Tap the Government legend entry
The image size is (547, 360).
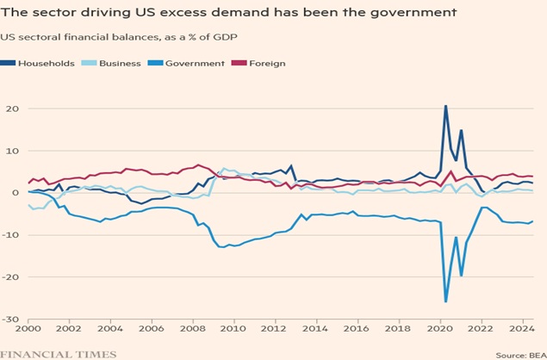coord(195,63)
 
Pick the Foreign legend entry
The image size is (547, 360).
coord(267,63)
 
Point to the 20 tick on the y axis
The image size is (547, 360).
coord(14,109)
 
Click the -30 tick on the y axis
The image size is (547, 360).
coord(12,320)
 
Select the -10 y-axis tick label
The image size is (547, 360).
coord(12,235)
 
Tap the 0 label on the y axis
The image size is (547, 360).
coord(16,193)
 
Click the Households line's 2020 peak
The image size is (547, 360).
coord(445,106)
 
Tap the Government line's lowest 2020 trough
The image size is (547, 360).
coord(445,301)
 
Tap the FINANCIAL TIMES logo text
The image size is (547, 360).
coord(59,353)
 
